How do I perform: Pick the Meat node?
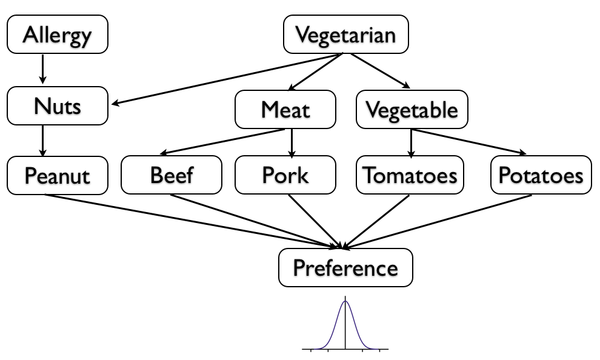(285, 110)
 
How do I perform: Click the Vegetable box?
(412, 110)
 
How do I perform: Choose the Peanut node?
(57, 176)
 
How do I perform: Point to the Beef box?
(172, 176)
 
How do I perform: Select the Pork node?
(285, 176)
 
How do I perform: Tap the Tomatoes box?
(410, 176)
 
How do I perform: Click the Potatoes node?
(541, 176)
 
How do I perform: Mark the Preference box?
(345, 267)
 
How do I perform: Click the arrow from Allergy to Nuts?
(42, 69)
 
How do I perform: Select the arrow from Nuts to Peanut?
(42, 140)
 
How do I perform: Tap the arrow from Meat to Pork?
(292, 142)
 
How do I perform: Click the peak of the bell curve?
(345, 301)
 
